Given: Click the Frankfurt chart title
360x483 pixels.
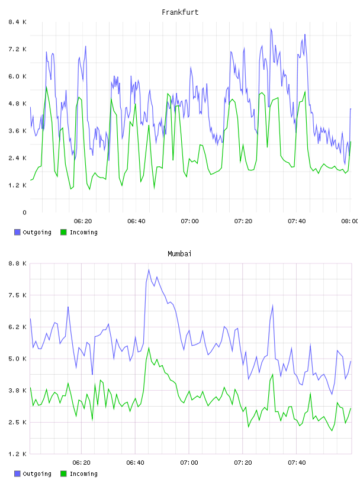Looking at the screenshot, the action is point(180,12).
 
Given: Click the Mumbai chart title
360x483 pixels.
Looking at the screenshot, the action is point(179,253).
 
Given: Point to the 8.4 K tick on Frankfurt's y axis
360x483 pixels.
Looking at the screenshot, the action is point(17,22).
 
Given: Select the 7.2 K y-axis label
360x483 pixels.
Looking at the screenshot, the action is point(17,49).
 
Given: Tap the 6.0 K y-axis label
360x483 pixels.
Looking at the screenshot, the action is point(17,76).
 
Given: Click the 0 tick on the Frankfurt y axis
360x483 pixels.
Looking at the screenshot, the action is point(24,212).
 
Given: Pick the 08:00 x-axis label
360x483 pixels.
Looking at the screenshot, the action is point(349,221).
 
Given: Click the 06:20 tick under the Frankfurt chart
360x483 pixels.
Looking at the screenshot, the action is point(83,221).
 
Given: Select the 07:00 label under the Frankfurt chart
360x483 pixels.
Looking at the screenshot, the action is point(189,221).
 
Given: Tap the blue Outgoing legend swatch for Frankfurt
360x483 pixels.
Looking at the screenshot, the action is point(17,232).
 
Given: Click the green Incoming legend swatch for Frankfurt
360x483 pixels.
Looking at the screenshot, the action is point(63,232).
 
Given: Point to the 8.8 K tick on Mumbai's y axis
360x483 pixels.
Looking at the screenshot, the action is point(17,263).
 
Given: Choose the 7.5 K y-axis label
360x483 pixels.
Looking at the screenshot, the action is point(17,295).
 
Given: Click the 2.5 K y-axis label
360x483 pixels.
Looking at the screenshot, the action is point(17,422).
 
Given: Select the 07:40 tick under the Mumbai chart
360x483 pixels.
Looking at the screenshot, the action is point(297,462).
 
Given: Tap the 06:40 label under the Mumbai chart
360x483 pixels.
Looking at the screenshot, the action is point(136,462).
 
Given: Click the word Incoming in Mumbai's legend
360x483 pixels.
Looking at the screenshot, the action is point(83,474).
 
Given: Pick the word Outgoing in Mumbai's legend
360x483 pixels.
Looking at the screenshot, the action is point(37,474).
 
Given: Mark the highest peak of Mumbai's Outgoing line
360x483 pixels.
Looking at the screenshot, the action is point(149,270).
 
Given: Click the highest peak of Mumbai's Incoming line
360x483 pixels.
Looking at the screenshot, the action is point(149,348).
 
